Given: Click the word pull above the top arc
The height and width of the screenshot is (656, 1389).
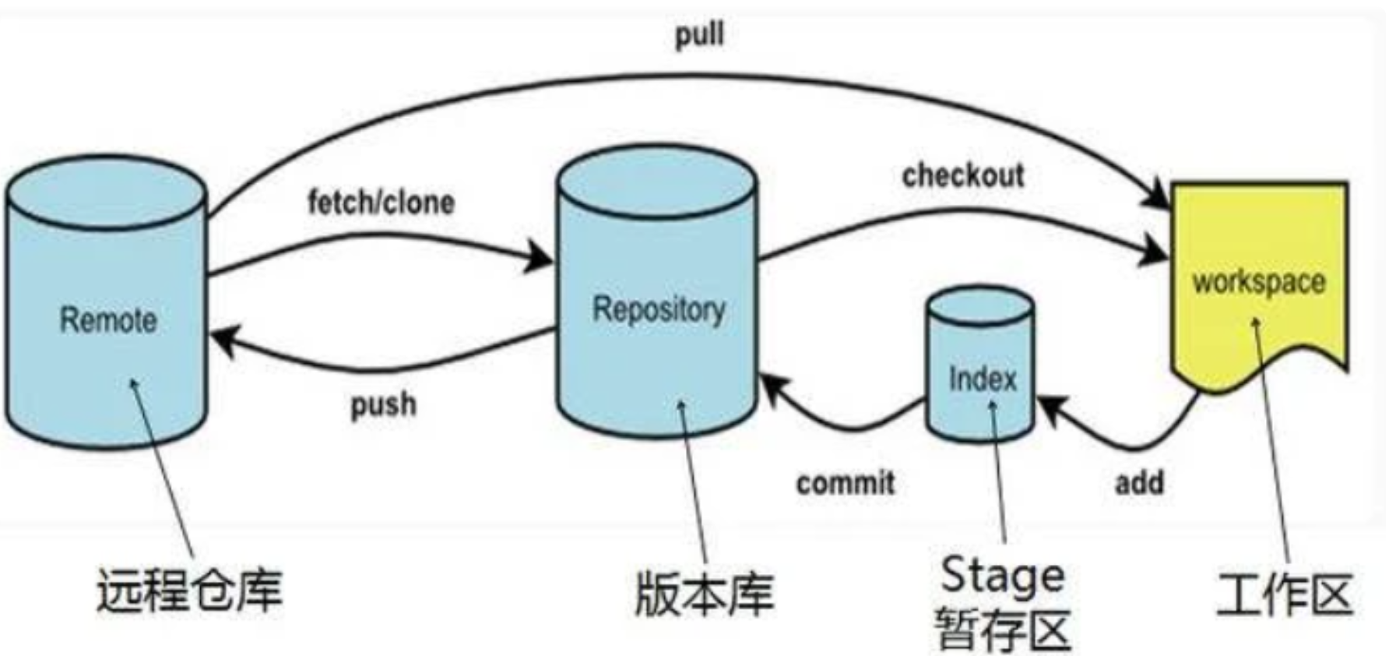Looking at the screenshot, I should pyautogui.click(x=699, y=34).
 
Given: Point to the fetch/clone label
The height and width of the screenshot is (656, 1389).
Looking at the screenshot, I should pyautogui.click(x=381, y=202).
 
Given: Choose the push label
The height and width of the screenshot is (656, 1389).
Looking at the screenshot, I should pyautogui.click(x=383, y=404).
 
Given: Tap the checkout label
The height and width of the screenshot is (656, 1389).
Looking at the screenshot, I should pyautogui.click(x=963, y=175).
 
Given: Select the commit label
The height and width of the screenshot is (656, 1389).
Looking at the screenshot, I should pyautogui.click(x=846, y=483).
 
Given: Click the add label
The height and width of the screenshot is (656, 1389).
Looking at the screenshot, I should pyautogui.click(x=1139, y=482).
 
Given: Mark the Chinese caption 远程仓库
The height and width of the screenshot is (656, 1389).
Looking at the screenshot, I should pyautogui.click(x=189, y=591).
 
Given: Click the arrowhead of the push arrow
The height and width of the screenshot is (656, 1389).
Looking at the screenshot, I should pyautogui.click(x=221, y=340).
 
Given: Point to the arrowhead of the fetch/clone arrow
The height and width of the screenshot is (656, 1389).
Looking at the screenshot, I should pyautogui.click(x=540, y=256).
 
